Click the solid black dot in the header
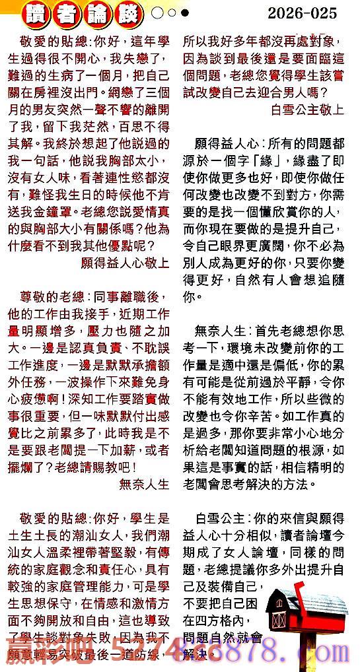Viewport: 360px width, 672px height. (184, 13)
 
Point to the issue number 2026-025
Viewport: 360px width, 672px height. (302, 13)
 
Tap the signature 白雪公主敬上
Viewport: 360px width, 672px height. (307, 110)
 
